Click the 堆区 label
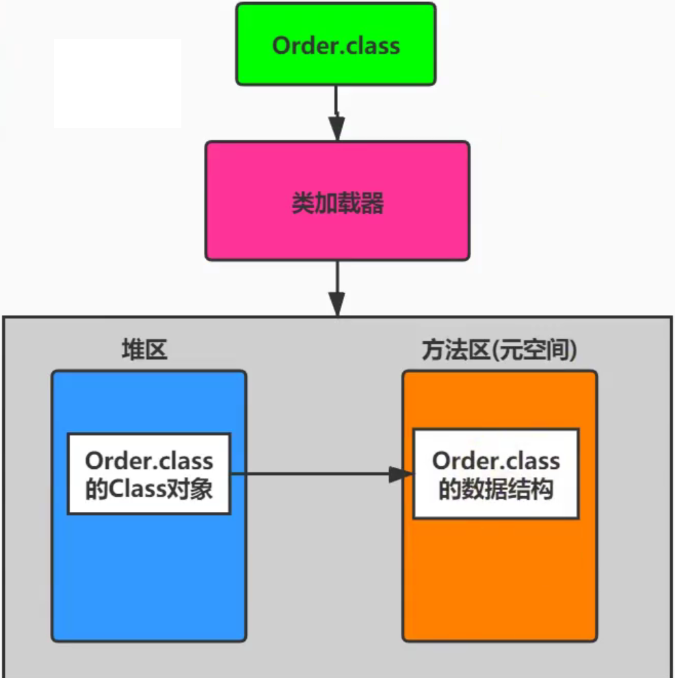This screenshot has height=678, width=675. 144,350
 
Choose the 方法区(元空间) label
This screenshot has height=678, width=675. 499,350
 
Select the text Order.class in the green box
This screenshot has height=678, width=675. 335,45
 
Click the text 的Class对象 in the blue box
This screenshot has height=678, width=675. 149,489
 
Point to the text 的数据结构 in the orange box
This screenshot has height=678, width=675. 495,490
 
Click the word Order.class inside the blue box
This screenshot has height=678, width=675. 149,461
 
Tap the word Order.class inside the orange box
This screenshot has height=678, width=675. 496,461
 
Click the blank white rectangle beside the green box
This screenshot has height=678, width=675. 118,83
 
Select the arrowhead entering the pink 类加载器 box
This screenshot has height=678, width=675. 336,129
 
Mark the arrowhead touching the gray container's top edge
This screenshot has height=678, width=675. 336,303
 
